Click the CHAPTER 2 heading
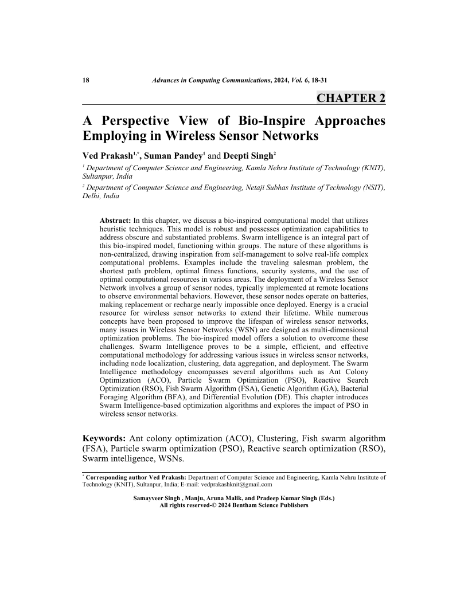351,98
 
